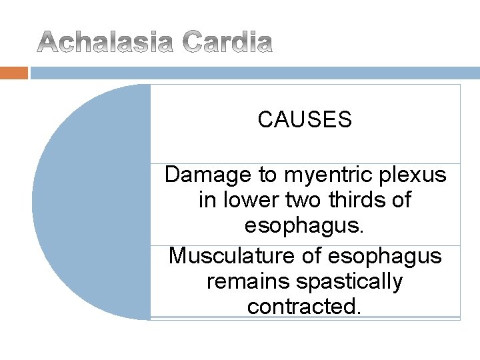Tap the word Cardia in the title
(x=227, y=43)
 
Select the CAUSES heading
(x=305, y=120)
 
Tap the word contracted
(x=305, y=307)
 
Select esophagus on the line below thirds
(x=305, y=225)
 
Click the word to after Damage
(x=267, y=175)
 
